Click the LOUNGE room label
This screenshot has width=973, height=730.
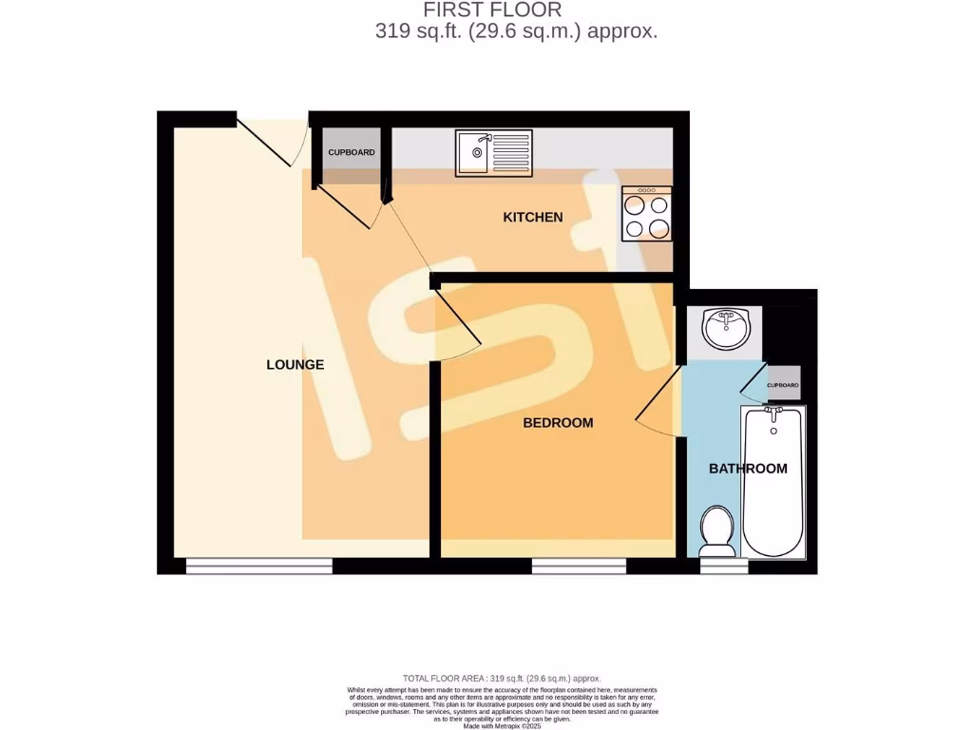click(295, 365)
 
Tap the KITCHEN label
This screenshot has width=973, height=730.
click(532, 218)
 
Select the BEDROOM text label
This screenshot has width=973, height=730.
click(558, 423)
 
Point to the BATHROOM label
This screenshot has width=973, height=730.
click(748, 469)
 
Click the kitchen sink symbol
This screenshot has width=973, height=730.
click(494, 153)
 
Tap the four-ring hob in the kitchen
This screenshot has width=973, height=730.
click(646, 215)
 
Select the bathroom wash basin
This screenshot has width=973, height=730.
click(727, 330)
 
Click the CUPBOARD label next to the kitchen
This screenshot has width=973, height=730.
click(352, 153)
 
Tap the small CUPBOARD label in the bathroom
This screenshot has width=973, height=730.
click(783, 385)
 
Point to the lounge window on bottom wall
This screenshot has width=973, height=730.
click(258, 567)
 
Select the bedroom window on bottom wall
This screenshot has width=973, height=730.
click(579, 567)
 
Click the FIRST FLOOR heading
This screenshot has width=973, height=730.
click(492, 10)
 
